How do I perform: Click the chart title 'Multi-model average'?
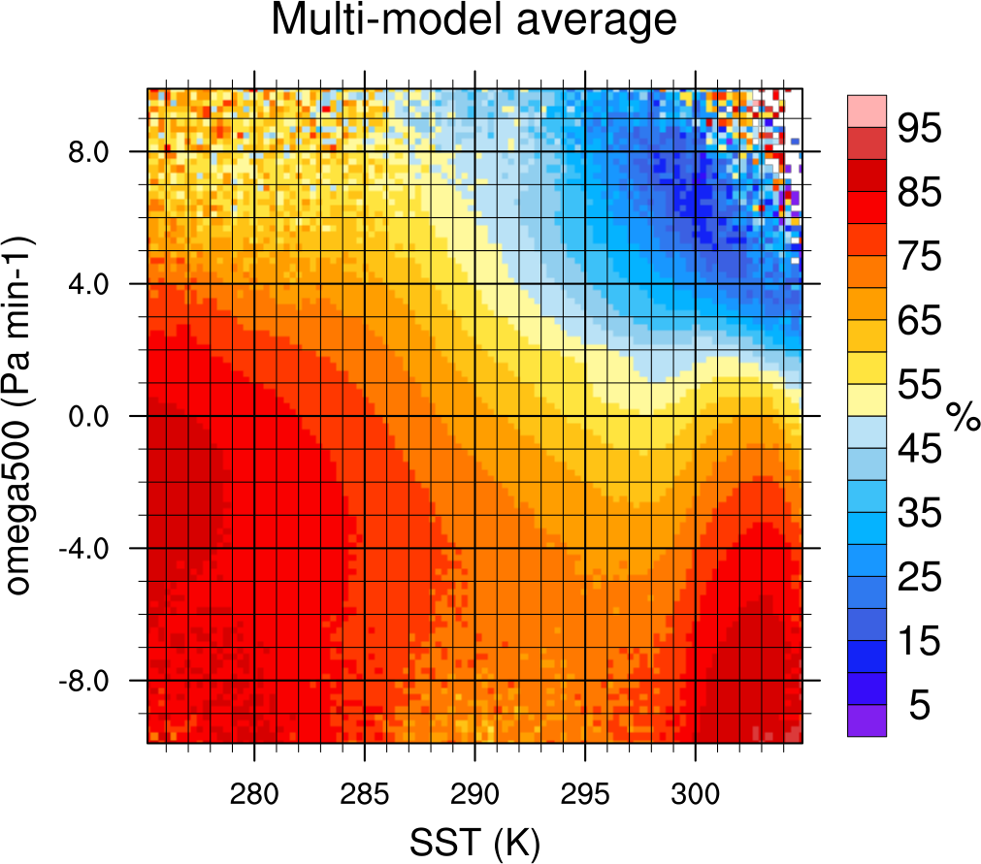[474, 20]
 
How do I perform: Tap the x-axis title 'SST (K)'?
[474, 841]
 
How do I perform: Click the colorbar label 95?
[919, 128]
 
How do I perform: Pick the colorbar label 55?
[919, 385]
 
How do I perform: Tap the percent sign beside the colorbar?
[964, 417]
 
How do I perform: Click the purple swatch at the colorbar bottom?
[867, 720]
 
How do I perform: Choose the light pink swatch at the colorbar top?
[867, 111]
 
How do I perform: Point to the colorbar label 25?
[919, 578]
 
